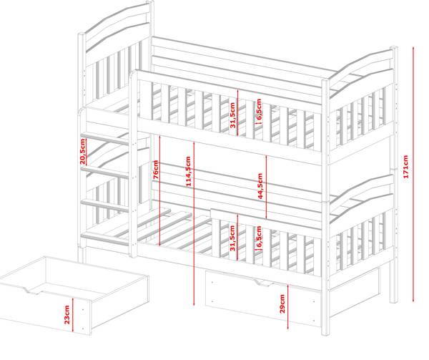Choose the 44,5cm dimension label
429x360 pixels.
(260, 187)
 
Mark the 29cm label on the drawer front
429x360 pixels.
(282, 303)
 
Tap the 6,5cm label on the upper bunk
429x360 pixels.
(258, 110)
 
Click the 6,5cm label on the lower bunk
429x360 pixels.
(258, 237)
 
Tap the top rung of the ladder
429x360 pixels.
(107, 136)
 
